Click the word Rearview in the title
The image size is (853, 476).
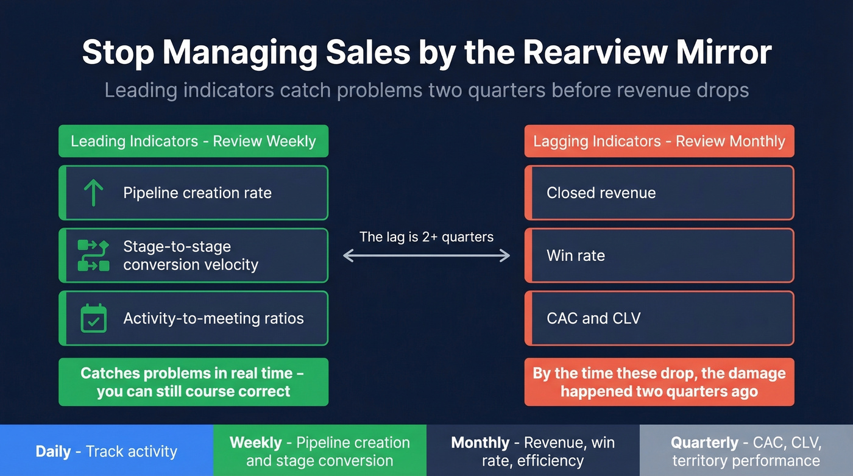click(586, 52)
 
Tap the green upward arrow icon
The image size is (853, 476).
click(93, 193)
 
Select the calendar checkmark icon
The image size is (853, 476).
click(93, 318)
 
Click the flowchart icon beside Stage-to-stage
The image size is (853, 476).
click(93, 255)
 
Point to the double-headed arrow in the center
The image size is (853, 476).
click(426, 256)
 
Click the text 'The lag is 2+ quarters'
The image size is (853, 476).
click(426, 236)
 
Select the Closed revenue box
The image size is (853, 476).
click(659, 193)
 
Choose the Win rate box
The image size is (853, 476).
click(659, 255)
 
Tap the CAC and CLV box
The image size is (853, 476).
click(659, 318)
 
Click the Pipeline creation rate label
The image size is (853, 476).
click(197, 193)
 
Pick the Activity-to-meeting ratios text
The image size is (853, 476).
click(213, 318)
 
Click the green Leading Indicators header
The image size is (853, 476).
click(193, 141)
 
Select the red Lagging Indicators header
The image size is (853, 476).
click(659, 141)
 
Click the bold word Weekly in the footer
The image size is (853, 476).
click(256, 442)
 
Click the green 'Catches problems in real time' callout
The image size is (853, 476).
click(193, 382)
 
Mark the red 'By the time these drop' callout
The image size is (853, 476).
click(659, 382)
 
